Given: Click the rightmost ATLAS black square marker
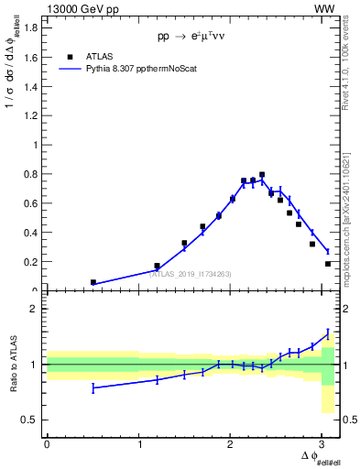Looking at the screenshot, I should pyautogui.click(x=328, y=264).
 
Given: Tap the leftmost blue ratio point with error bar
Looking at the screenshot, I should pyautogui.click(x=93, y=388).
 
